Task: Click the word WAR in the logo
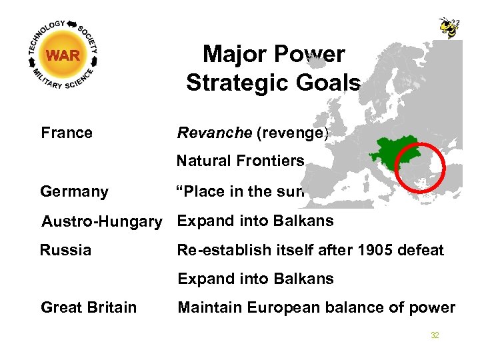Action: click(64, 55)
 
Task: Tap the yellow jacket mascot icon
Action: click(449, 27)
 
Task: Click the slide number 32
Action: click(435, 335)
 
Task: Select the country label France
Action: click(67, 133)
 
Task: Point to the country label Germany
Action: click(74, 192)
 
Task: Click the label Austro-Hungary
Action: click(101, 221)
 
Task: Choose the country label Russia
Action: click(66, 250)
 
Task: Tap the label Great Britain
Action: click(89, 307)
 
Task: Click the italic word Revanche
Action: click(214, 133)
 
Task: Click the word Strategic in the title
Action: click(237, 83)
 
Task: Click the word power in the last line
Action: click(435, 307)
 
